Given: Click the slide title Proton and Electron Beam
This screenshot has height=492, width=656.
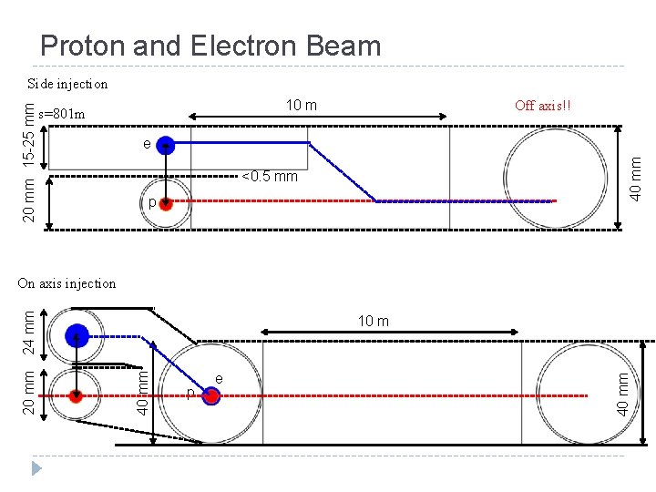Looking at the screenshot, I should [210, 46].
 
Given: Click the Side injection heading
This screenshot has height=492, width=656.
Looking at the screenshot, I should [67, 84].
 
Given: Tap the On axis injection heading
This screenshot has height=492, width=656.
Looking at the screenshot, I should [67, 283].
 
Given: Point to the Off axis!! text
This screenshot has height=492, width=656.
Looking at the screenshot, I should [544, 105].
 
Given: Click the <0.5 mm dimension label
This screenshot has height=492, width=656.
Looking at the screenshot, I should [270, 176].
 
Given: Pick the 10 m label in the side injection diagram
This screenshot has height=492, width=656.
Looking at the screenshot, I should [302, 105].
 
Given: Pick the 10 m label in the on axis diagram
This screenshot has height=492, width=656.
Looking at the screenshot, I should [373, 321].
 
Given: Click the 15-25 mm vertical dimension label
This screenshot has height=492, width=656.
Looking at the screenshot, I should [30, 134].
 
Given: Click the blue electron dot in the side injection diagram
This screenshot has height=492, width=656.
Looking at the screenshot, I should [166, 144].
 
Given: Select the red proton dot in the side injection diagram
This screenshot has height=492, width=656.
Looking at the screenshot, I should [166, 203].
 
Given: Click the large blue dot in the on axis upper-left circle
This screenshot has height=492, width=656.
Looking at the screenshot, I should [77, 335].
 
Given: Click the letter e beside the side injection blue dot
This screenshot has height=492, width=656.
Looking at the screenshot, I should [147, 144].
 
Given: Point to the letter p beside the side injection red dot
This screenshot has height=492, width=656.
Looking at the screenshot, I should [152, 203].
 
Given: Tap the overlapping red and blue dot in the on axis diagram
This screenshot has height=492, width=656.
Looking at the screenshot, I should [211, 395].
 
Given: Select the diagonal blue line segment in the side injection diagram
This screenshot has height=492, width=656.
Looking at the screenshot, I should [343, 171].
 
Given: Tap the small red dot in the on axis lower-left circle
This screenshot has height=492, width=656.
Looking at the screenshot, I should [77, 395].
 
